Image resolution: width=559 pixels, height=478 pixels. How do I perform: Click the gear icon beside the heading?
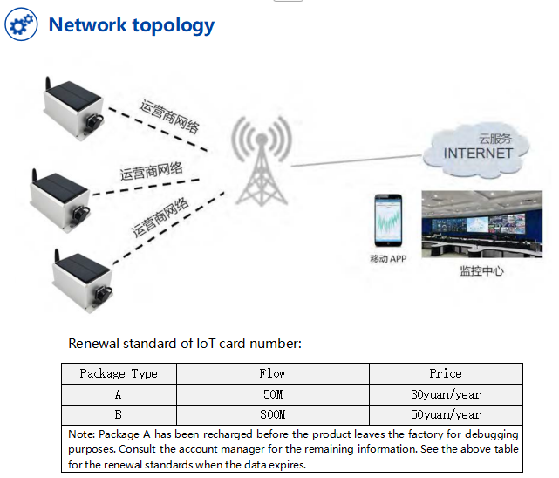pos(22,24)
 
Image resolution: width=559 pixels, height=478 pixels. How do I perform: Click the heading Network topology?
pos(131,24)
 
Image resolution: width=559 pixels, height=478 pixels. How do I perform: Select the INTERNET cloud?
pos(478,150)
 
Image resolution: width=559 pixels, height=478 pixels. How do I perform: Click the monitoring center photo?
pos(481,224)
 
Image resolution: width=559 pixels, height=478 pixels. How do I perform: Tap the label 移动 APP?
pos(388,259)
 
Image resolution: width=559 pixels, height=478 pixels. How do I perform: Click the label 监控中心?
pos(481,270)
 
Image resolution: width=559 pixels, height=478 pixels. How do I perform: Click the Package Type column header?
pos(119,373)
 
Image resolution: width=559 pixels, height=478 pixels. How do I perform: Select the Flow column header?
pos(272,373)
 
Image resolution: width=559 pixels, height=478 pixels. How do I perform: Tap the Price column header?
pos(445,373)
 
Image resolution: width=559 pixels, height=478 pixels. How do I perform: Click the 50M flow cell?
pos(272,394)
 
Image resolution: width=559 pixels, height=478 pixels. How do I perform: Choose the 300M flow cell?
pos(272,414)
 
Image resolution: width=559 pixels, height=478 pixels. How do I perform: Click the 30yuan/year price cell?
pos(445,394)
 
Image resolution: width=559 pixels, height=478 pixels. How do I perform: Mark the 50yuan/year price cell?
pos(445,414)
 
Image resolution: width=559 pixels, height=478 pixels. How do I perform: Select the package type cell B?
pos(119,414)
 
